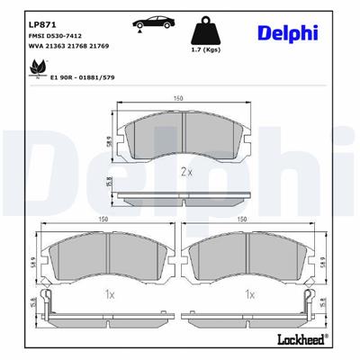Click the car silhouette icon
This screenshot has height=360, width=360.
point(151,23)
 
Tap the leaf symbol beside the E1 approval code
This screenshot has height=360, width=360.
point(39,67)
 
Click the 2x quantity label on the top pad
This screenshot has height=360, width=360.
point(185,170)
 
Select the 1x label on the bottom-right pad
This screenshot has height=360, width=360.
point(249,293)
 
